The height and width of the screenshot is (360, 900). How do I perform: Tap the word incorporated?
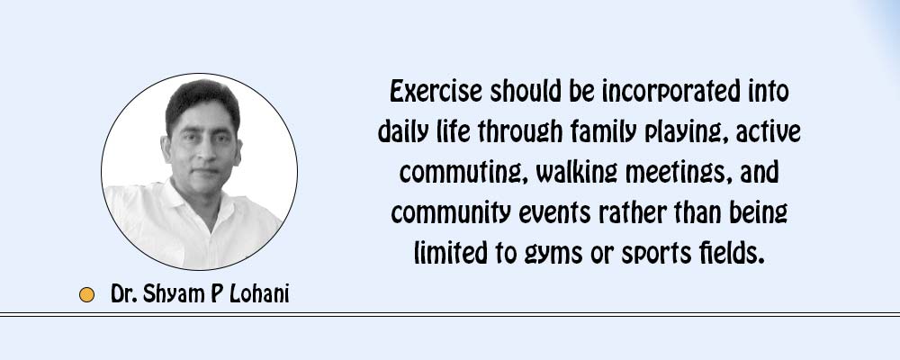[670, 93]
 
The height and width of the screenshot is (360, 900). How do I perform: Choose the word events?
[554, 213]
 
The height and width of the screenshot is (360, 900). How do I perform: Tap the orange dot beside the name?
[86, 294]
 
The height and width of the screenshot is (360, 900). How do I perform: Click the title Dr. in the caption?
[123, 294]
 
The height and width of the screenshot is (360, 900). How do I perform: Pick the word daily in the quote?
[400, 133]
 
